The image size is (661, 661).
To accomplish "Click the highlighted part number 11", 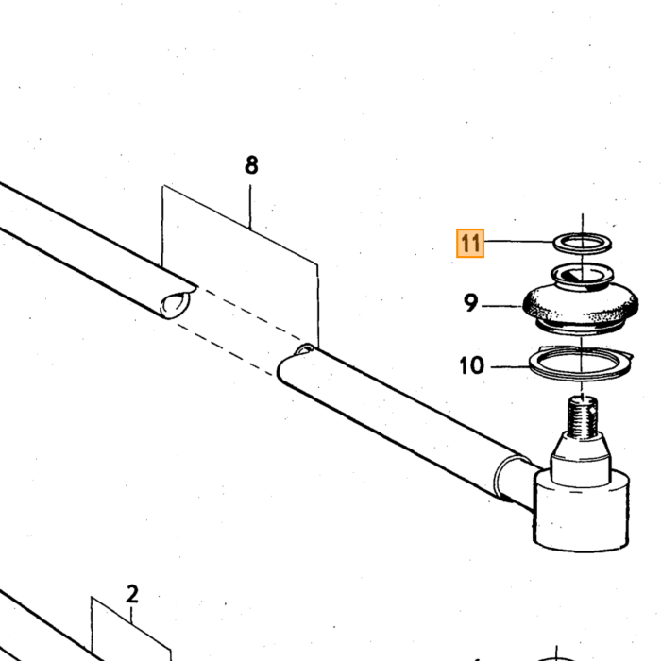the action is click(470, 244).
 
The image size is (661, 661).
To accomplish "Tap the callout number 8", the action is click(251, 165).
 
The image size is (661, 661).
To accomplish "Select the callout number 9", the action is click(471, 302).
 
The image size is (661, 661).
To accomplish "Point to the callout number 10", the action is click(472, 365).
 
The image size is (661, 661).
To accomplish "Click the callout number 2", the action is click(132, 594).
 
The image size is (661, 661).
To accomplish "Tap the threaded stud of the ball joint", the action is click(583, 416).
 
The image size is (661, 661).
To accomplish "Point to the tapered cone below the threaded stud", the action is click(582, 457).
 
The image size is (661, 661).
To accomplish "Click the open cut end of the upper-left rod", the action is click(176, 304).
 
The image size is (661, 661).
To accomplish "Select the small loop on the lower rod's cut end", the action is click(305, 349).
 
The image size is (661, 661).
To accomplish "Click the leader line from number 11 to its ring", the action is click(519, 241).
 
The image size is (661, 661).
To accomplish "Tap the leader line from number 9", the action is click(501, 306).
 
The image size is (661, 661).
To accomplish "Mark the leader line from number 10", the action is click(510, 366).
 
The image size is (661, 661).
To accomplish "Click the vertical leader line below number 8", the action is click(250, 207).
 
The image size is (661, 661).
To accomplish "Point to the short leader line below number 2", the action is click(131, 616).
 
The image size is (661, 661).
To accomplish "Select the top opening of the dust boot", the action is click(583, 275).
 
